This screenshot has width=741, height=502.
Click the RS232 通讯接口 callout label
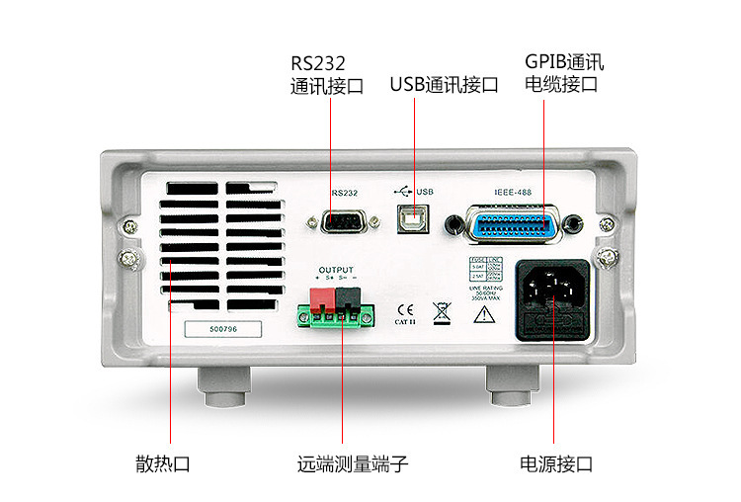(327, 74)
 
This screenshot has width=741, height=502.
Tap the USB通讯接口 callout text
(444, 85)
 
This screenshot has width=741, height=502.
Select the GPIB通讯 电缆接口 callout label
(564, 74)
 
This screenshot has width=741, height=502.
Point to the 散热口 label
(162, 463)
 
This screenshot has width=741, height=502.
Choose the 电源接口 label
(556, 463)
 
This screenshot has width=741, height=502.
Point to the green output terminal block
(337, 315)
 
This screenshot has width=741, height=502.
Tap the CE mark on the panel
(405, 307)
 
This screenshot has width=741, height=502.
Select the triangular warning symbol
(485, 316)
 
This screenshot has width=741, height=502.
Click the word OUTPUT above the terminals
(335, 269)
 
